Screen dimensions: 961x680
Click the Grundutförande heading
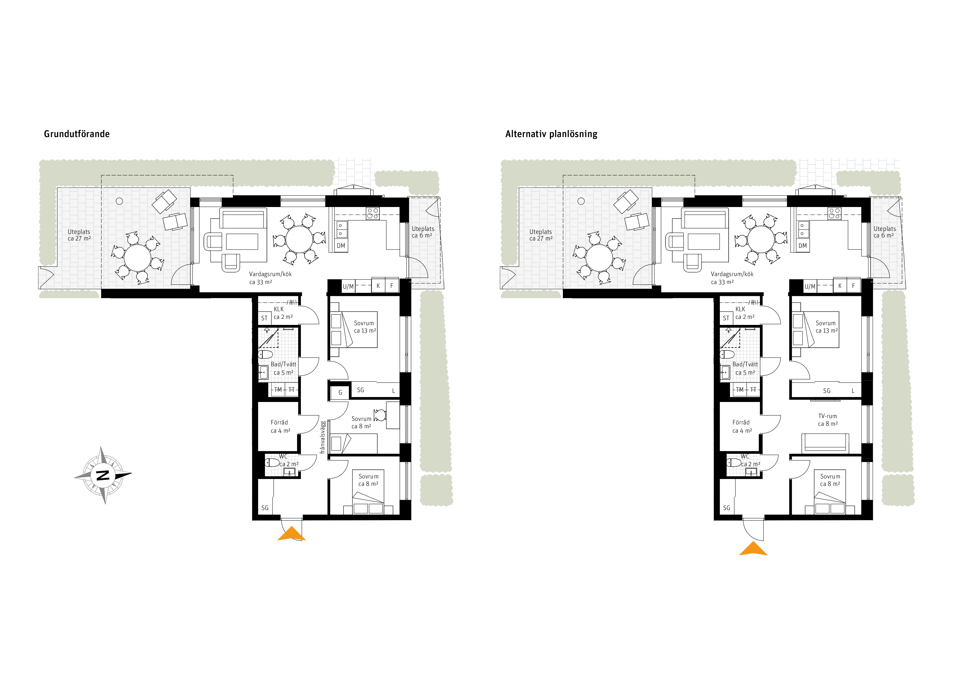pos(77,134)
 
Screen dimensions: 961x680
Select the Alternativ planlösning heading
pos(551,134)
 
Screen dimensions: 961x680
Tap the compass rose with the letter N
pos(103,475)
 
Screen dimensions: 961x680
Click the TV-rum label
pos(828,416)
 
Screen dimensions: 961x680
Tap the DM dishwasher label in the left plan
pos(341,246)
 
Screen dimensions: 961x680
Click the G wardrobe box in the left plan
pos(340,392)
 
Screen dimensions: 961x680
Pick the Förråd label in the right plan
pos(741,423)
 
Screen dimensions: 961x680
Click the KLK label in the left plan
pos(279,309)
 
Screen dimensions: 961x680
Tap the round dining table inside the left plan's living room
pos(299,239)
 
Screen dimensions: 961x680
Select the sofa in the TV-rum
pos(825,443)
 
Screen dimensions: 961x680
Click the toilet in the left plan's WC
pos(272,463)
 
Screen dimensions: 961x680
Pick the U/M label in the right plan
pos(810,287)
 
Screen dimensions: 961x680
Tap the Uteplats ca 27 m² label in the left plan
pos(79,235)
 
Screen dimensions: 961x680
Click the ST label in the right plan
pos(726,318)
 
